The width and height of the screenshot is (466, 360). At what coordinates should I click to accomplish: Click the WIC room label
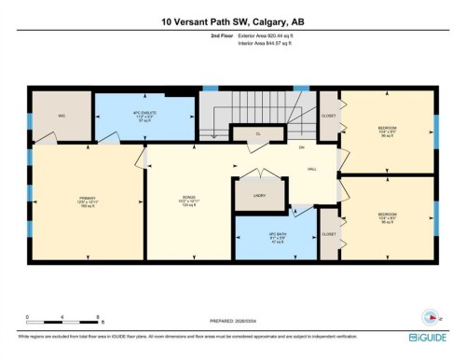click(x=61, y=116)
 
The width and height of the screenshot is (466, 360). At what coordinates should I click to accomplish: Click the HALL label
click(x=314, y=169)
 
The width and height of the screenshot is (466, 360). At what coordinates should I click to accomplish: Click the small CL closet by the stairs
click(x=257, y=134)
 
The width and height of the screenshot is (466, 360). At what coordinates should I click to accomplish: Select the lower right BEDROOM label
click(x=387, y=217)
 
